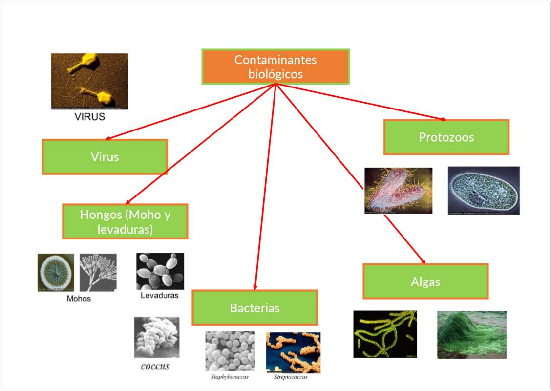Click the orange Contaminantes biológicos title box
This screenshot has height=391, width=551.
(275, 66)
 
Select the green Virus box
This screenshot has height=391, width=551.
(105, 157)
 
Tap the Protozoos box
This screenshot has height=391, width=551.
(446, 137)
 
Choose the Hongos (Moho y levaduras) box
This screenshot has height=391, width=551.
(125, 221)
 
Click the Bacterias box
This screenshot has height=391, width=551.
(254, 307)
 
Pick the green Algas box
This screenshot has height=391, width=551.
(425, 282)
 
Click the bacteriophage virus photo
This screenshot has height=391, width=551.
(89, 81)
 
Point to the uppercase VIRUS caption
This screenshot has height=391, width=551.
(89, 117)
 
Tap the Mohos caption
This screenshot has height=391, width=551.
(79, 298)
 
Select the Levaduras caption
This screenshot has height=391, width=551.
(160, 295)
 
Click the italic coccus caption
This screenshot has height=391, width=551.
(155, 366)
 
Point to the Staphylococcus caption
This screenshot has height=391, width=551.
(230, 377)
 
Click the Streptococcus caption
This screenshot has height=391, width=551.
(291, 377)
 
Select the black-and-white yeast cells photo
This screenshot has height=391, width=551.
(160, 271)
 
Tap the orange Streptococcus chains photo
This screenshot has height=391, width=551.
(293, 352)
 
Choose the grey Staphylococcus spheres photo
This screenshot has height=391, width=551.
(230, 351)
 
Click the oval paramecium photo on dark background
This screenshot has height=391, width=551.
(484, 190)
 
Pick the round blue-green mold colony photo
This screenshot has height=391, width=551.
(56, 273)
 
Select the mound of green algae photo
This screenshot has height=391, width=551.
(471, 335)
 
